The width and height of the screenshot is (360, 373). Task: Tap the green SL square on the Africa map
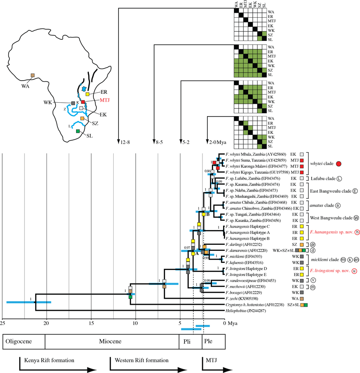[x=78, y=131]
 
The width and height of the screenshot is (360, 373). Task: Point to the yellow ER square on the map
[x=87, y=94]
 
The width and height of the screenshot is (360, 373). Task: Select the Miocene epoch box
[x=112, y=342]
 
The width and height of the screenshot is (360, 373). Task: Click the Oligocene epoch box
[x=24, y=342]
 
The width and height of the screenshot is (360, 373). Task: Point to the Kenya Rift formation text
[x=49, y=360]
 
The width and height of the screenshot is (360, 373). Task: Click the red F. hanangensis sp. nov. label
[x=330, y=232]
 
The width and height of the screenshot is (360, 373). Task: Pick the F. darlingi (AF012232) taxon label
[x=241, y=244]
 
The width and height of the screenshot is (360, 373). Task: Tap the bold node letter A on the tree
[x=196, y=253]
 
